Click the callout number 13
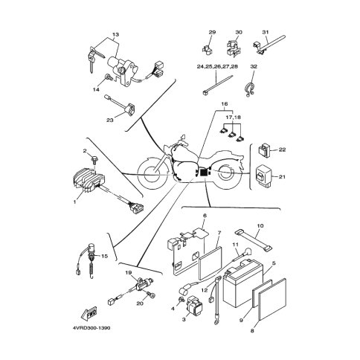click(115, 34)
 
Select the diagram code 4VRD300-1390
click(91, 328)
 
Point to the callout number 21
click(282, 177)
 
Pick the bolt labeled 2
click(94, 159)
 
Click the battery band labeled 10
click(253, 240)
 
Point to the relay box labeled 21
click(264, 176)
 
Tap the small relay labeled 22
click(264, 150)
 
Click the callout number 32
click(254, 67)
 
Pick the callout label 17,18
click(232, 117)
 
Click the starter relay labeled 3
click(195, 305)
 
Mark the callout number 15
click(104, 256)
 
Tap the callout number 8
click(252, 330)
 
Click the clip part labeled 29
click(208, 48)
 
